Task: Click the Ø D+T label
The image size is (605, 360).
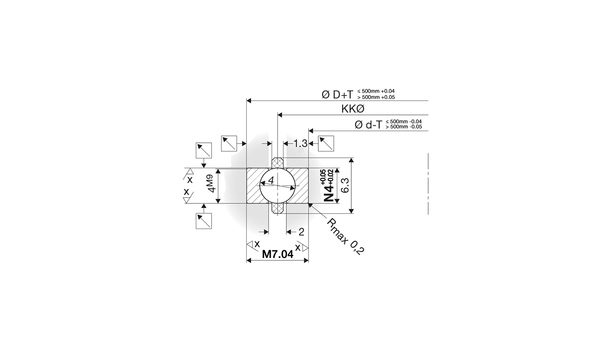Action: coord(337,94)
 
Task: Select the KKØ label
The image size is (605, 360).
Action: coord(353,109)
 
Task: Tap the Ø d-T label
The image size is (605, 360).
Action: coord(368,124)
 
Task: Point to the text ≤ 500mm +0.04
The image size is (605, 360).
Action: coord(376,91)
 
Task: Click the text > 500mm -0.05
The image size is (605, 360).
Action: coord(403,127)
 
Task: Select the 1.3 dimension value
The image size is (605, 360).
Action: coord(300,143)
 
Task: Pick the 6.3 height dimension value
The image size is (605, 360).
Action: coord(345,185)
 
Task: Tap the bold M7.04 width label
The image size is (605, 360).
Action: coord(278,254)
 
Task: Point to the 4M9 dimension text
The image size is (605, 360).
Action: coord(210,183)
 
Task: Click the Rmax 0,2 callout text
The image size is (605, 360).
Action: coord(345,236)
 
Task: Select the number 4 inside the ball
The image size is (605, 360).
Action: coord(271,180)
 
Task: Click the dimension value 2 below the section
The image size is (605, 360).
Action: coord(301,232)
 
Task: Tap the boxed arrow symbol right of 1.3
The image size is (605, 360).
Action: coord(326,143)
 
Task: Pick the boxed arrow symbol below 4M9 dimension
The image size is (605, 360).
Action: coord(204,221)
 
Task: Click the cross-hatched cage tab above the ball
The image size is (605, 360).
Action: coord(278,163)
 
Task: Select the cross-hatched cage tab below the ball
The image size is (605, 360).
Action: coord(278,209)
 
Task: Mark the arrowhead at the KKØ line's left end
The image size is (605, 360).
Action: coord(280,115)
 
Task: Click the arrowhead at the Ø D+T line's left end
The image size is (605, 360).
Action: coord(249,101)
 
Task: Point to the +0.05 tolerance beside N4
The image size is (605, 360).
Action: coord(323,177)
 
